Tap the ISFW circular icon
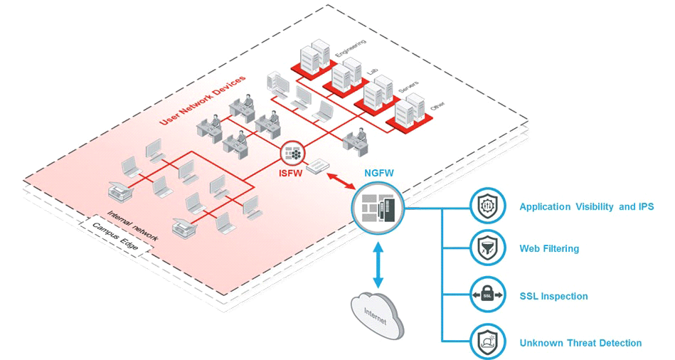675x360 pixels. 292,152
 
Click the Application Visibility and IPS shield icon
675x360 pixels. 488,207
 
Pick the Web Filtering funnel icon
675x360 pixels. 488,248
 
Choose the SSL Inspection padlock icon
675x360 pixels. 488,295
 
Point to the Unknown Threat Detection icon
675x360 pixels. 488,342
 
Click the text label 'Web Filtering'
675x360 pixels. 549,249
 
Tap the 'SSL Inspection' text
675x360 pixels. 553,296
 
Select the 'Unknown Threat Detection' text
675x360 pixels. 580,343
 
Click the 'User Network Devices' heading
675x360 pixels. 203,100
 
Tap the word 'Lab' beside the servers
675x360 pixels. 373,72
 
